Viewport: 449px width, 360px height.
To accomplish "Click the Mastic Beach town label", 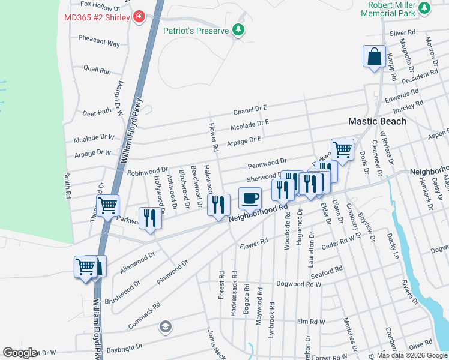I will pos(378,121).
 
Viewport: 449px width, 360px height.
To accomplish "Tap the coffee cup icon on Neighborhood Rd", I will pos(250,197).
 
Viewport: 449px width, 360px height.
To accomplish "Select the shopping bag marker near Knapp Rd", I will pos(374,57).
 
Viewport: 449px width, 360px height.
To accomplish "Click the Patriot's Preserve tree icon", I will pos(239,30).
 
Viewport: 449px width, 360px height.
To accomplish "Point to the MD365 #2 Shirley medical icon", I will pos(139,16).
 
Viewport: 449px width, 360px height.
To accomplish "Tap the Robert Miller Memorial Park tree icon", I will pos(425,8).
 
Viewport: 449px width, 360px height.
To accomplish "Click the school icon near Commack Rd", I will pos(164,327).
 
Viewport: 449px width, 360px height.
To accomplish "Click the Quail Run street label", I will pos(97,70).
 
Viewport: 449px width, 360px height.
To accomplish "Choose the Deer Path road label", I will pos(97,112).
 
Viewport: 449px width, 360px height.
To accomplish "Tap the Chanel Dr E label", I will pos(250,110).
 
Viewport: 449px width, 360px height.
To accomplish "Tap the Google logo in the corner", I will pos(20,353).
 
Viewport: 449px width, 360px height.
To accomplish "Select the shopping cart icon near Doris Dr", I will pos(342,149).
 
